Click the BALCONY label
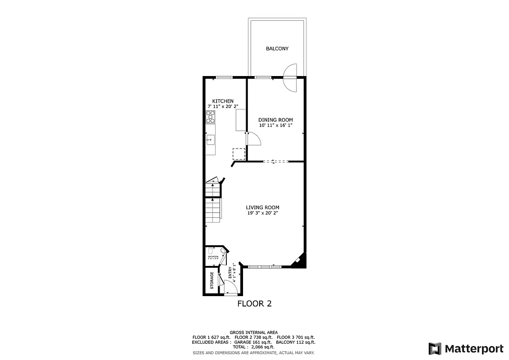277,49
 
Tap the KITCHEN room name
223,101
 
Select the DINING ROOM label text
275,120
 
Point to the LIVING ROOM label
263,207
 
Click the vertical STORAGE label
212,281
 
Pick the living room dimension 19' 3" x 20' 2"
263,213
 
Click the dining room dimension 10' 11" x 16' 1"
275,125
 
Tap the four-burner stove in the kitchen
210,117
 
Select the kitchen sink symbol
210,140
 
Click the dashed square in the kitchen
239,153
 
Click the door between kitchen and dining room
253,139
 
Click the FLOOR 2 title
254,304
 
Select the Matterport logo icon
434,348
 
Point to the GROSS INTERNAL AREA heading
253,332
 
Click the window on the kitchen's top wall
224,78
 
